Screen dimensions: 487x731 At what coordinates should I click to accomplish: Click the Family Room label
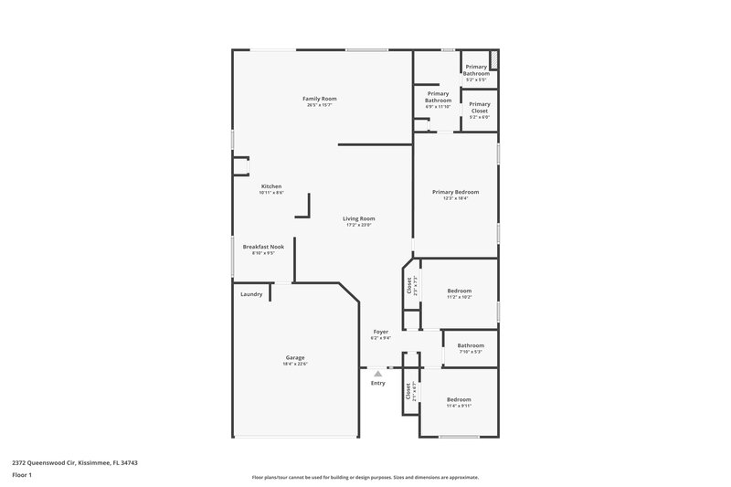320,98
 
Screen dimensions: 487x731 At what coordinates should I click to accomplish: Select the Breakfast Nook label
263,246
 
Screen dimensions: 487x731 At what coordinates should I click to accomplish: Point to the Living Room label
359,218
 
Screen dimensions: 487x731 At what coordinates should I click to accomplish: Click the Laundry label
251,294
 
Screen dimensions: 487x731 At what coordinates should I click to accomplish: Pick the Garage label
294,357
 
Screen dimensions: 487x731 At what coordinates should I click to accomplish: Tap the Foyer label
381,331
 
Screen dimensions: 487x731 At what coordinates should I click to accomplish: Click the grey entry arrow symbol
377,373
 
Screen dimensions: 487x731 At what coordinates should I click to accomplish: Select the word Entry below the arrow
377,383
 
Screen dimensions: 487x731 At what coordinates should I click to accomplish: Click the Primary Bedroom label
455,192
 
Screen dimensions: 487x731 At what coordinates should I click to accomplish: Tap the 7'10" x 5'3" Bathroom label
471,346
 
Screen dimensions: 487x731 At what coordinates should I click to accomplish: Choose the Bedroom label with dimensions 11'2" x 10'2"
459,291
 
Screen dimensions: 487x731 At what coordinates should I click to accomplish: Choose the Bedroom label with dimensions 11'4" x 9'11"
459,399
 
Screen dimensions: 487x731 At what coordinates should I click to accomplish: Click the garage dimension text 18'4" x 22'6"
294,364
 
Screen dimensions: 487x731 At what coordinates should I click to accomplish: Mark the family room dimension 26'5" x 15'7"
320,105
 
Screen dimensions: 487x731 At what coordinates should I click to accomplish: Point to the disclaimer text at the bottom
365,477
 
